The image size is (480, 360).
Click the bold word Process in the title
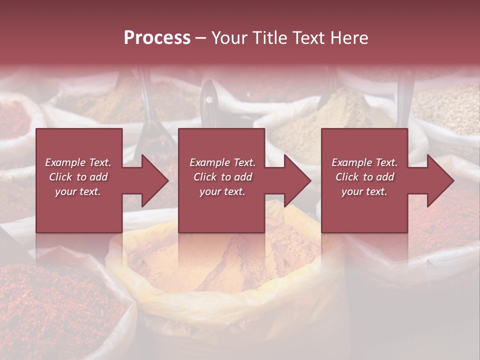[x=157, y=38]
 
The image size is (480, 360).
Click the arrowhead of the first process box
[x=155, y=180]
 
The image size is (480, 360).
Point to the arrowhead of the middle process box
[x=297, y=180]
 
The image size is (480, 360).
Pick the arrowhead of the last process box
[x=440, y=180]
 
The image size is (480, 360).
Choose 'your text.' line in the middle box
[x=222, y=191]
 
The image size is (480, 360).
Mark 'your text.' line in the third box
[x=364, y=191]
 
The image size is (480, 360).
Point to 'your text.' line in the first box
[x=77, y=191]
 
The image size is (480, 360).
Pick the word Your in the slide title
[x=229, y=38]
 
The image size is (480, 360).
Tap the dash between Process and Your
[x=200, y=38]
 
